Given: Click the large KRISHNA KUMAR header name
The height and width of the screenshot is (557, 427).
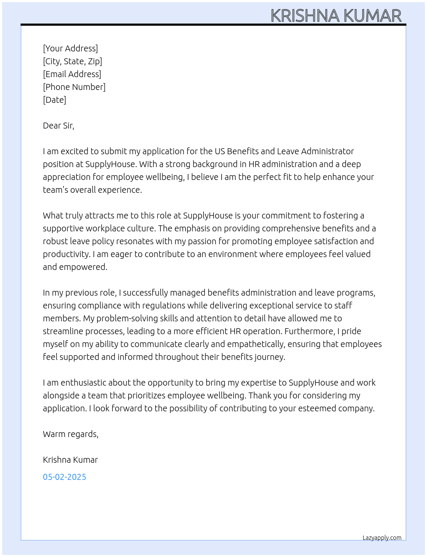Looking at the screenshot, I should [x=336, y=16].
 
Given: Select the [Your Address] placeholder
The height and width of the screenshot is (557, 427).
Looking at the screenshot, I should [x=70, y=48].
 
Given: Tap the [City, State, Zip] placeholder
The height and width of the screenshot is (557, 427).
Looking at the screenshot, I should [x=72, y=61].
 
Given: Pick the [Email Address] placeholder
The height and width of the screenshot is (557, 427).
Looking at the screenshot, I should [x=72, y=74].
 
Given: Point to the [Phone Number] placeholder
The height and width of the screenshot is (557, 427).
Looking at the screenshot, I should [x=74, y=87].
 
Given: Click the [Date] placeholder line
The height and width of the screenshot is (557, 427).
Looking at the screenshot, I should [x=54, y=100].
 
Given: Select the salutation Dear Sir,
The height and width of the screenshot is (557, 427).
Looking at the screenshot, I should [x=58, y=126].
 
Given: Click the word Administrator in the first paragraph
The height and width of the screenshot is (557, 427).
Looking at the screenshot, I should [x=328, y=151].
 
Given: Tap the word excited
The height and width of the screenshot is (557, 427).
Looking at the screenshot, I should [x=76, y=151].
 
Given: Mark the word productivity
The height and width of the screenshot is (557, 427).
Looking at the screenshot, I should [x=66, y=254].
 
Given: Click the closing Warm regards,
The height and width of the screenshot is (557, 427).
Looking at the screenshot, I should [x=71, y=434].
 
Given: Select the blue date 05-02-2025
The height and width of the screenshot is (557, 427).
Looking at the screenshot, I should [x=64, y=477].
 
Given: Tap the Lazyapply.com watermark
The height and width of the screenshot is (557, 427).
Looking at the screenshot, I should [x=382, y=538].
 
